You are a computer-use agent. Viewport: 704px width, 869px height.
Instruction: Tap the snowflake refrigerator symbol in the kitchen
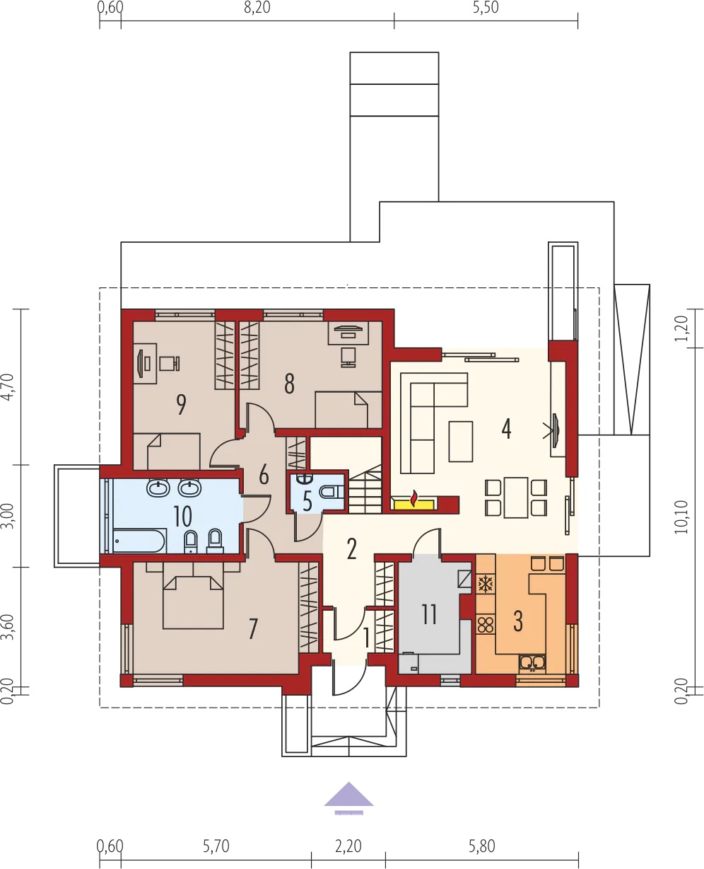(x=486, y=585)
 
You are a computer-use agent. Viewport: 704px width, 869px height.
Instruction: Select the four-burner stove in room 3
(x=485, y=625)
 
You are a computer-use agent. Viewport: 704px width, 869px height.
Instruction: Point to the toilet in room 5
(x=332, y=493)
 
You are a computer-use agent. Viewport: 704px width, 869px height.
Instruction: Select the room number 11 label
(x=429, y=614)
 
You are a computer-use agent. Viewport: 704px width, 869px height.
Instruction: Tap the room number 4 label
(x=506, y=429)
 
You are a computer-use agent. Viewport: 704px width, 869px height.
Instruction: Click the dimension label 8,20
(x=257, y=8)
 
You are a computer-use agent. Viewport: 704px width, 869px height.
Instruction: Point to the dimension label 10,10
(x=681, y=517)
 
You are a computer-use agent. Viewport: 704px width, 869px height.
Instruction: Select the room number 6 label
(x=264, y=475)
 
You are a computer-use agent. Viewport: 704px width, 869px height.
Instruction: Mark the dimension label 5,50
(x=486, y=8)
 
